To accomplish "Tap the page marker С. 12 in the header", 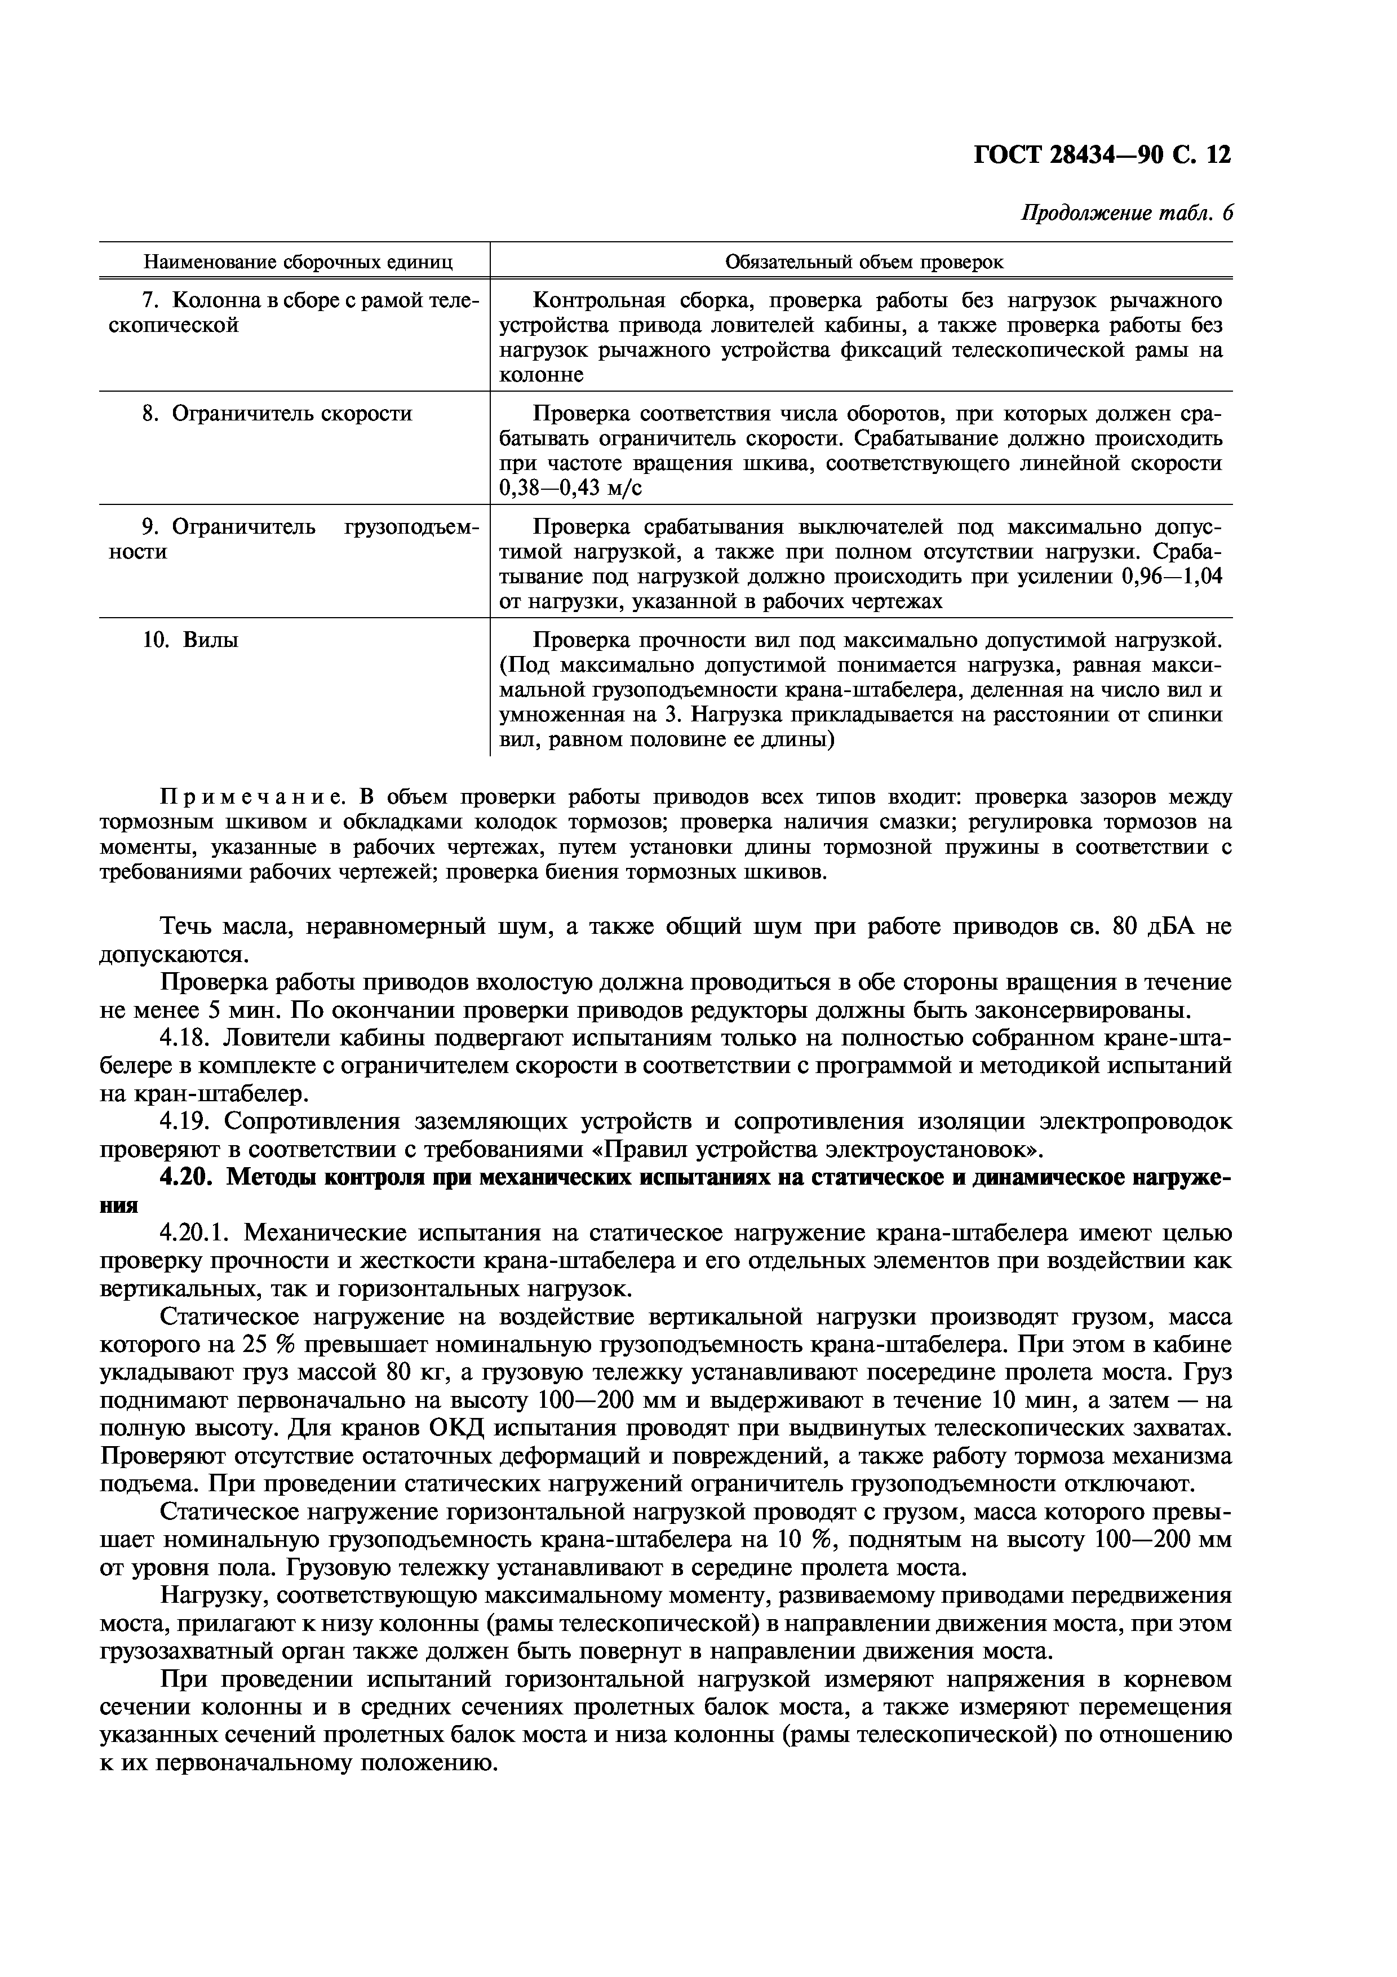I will click(1201, 155).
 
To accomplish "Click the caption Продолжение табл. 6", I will click(1126, 214).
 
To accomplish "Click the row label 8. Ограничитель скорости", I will click(276, 414).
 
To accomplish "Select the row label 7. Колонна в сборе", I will click(292, 300).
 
